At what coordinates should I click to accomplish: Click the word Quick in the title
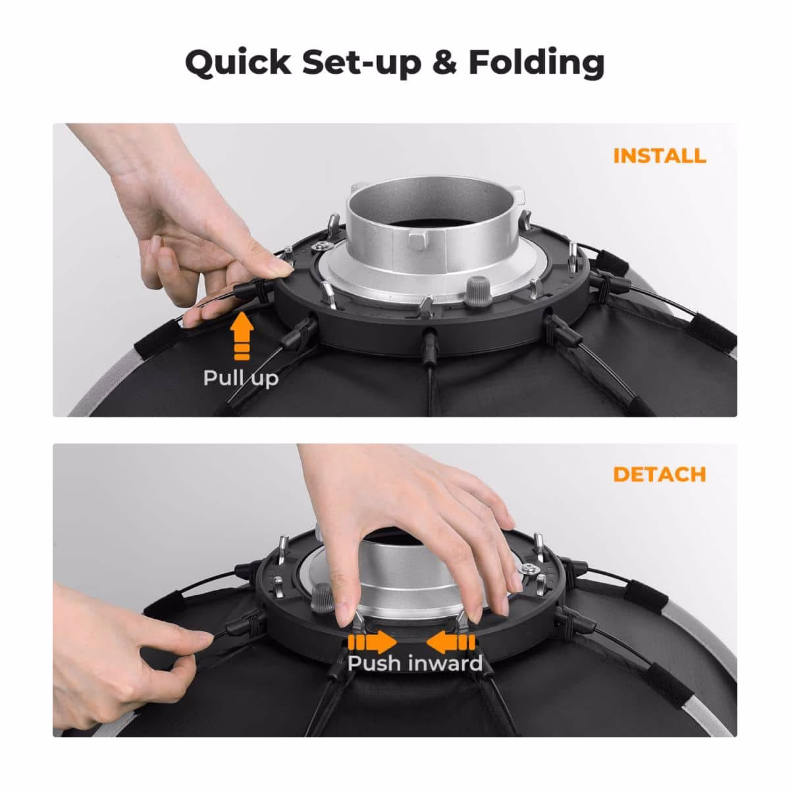pyautogui.click(x=238, y=63)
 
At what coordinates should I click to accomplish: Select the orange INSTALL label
pyautogui.click(x=659, y=156)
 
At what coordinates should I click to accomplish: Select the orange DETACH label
pyautogui.click(x=659, y=474)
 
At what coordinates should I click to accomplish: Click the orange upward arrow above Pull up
pyautogui.click(x=242, y=336)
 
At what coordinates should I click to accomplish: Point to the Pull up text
pyautogui.click(x=241, y=379)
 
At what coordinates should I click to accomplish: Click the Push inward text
pyautogui.click(x=415, y=663)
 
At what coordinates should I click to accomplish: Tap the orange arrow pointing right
pyautogui.click(x=372, y=642)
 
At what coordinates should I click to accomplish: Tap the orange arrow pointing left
pyautogui.click(x=450, y=642)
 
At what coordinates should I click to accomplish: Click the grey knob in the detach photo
pyautogui.click(x=322, y=598)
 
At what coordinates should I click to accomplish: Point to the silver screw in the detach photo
pyautogui.click(x=527, y=567)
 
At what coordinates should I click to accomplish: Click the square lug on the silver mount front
pyautogui.click(x=418, y=241)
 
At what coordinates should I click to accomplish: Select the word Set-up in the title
pyautogui.click(x=362, y=63)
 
